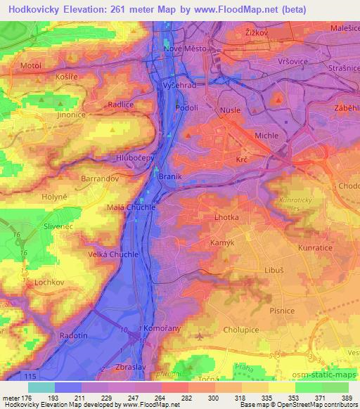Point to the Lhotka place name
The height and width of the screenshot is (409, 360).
coord(226,218)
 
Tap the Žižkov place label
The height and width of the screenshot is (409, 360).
coord(258,32)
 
